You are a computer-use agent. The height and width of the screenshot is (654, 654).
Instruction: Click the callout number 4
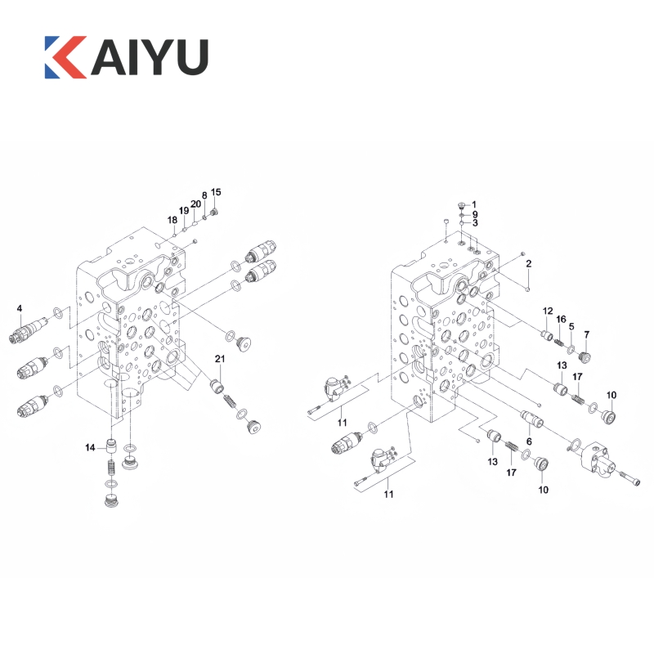19,308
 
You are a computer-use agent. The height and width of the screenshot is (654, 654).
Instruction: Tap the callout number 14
90,447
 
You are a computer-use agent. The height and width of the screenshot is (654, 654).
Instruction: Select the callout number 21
220,359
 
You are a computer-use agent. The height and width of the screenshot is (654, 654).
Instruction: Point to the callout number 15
216,192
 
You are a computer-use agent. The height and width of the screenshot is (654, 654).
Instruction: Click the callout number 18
172,220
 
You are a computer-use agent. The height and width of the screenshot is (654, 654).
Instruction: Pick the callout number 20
195,204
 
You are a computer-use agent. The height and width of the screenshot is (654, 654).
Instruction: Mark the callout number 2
528,263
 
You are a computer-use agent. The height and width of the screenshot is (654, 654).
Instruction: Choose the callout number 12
548,311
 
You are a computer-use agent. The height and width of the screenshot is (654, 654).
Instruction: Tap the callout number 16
561,319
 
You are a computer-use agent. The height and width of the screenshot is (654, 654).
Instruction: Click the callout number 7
587,334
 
